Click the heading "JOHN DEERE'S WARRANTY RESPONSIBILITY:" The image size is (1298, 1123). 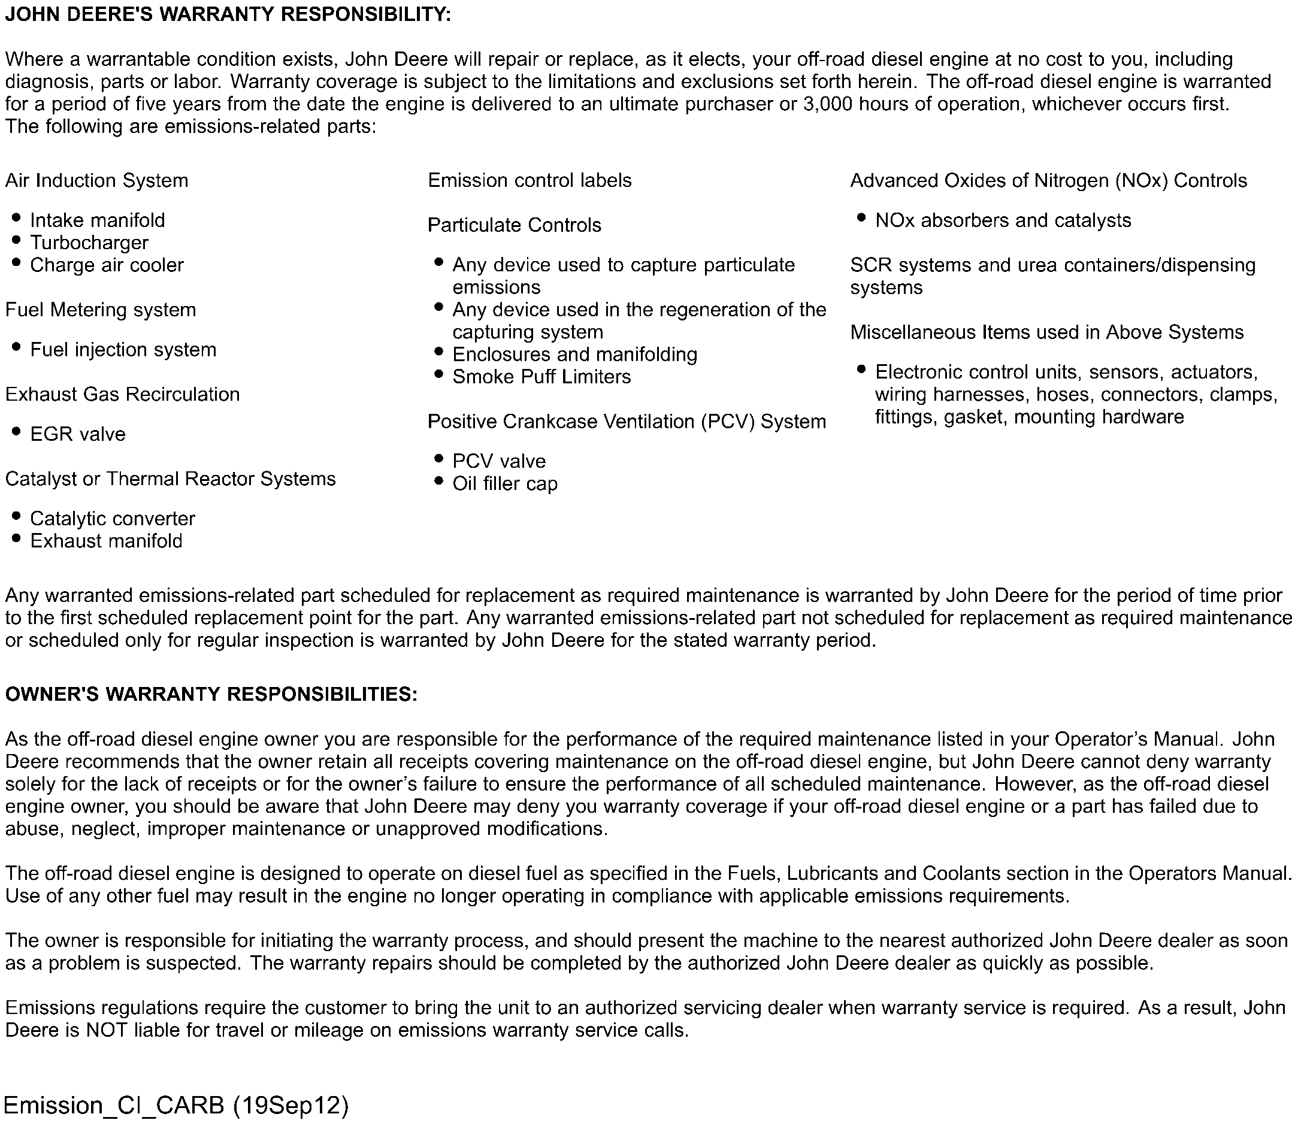228,15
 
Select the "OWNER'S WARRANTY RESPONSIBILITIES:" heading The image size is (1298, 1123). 211,694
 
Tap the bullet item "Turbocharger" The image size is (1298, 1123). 89,243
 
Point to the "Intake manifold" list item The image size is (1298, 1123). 97,220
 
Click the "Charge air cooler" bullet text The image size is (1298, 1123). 107,265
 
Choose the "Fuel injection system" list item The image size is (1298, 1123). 123,350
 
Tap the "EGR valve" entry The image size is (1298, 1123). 78,434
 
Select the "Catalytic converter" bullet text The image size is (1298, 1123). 112,519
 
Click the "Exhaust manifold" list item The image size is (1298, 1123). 106,541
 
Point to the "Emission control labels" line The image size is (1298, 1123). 530,180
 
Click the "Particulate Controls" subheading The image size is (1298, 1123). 514,225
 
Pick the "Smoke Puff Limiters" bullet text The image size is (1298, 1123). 541,377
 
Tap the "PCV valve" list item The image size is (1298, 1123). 499,461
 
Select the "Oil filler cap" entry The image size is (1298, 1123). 504,484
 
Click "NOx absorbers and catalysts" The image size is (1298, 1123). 1003,220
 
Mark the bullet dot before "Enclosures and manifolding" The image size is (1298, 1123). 438,352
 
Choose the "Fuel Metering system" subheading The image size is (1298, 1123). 100,310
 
